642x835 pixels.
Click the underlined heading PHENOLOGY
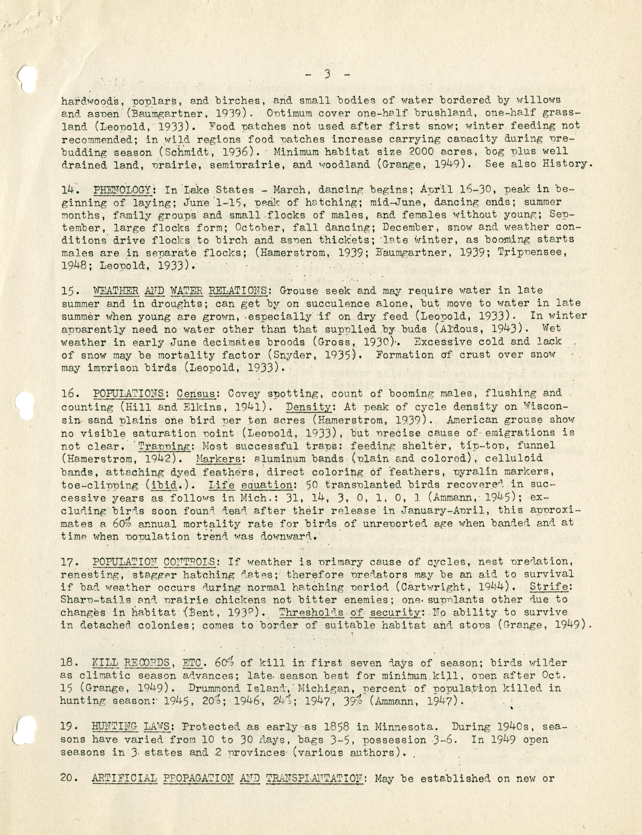[123, 190]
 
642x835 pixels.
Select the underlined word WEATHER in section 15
[116, 291]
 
